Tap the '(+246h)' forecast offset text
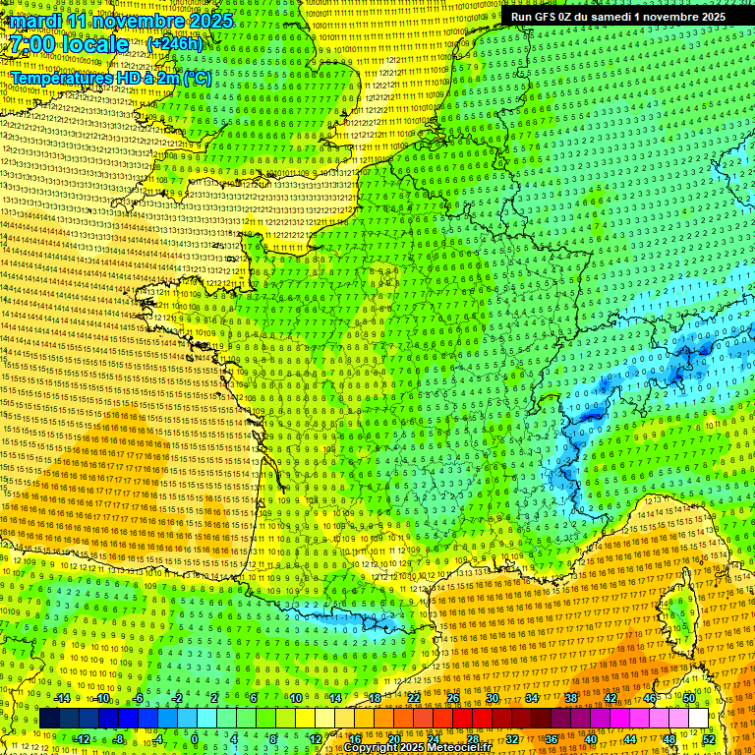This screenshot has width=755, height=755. (174, 43)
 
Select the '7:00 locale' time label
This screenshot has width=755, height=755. (69, 44)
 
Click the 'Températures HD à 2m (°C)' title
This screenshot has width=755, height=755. (110, 78)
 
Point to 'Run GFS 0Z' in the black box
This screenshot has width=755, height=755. (546, 17)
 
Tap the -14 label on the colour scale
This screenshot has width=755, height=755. (64, 698)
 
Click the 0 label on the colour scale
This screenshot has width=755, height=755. (195, 738)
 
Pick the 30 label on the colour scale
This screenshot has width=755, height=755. (493, 698)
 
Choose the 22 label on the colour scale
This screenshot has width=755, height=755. (414, 698)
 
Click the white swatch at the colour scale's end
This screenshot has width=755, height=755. (699, 719)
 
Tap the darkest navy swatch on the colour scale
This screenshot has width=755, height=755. (49, 719)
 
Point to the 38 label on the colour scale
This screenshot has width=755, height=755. (571, 698)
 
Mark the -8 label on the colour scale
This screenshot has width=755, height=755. (117, 738)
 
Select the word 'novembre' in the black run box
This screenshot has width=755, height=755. (665, 17)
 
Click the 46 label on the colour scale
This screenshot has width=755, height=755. (650, 698)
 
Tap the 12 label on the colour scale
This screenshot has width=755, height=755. (316, 738)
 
